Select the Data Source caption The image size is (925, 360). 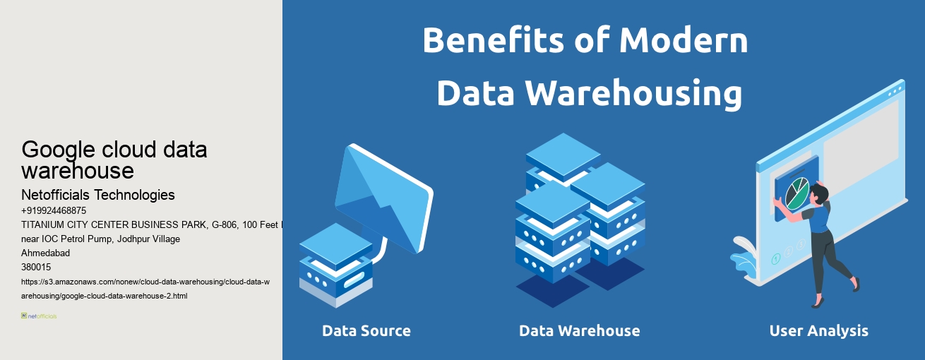(366, 330)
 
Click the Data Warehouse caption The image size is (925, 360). (579, 330)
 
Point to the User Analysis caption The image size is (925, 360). (818, 330)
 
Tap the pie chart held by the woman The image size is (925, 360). (796, 192)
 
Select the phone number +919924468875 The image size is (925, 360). (54, 210)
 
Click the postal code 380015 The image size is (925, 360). (36, 267)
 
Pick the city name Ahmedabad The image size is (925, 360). (46, 253)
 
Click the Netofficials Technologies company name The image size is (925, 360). (98, 195)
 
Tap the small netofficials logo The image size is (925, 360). (39, 316)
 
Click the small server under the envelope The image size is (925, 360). (335, 265)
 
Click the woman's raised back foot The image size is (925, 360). (856, 284)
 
